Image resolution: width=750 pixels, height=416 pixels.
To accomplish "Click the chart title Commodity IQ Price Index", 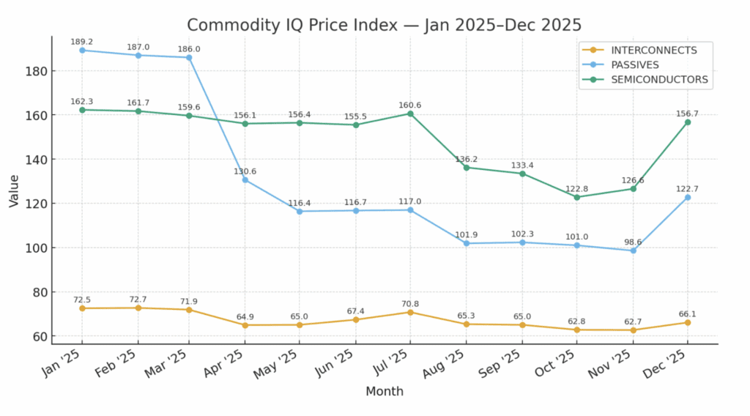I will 384,25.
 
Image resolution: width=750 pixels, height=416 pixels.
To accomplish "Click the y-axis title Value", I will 14,190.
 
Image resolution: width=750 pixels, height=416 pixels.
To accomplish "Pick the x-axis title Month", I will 385,392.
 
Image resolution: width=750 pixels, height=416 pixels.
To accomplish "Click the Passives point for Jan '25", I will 82,51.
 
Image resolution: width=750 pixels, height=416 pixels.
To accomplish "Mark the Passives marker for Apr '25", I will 245,179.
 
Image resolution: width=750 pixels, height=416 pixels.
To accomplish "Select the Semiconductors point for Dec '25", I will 688,122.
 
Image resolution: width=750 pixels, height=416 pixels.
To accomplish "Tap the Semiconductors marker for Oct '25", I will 577,197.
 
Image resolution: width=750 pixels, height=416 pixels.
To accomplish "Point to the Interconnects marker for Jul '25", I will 410,312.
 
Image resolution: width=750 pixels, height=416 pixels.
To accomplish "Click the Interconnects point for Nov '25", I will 633,330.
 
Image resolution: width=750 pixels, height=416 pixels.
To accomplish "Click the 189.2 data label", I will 82,42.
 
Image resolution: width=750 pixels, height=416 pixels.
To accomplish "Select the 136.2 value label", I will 467,158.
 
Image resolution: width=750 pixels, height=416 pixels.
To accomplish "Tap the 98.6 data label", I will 633,242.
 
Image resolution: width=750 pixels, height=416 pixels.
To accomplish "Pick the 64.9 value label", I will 245,316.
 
